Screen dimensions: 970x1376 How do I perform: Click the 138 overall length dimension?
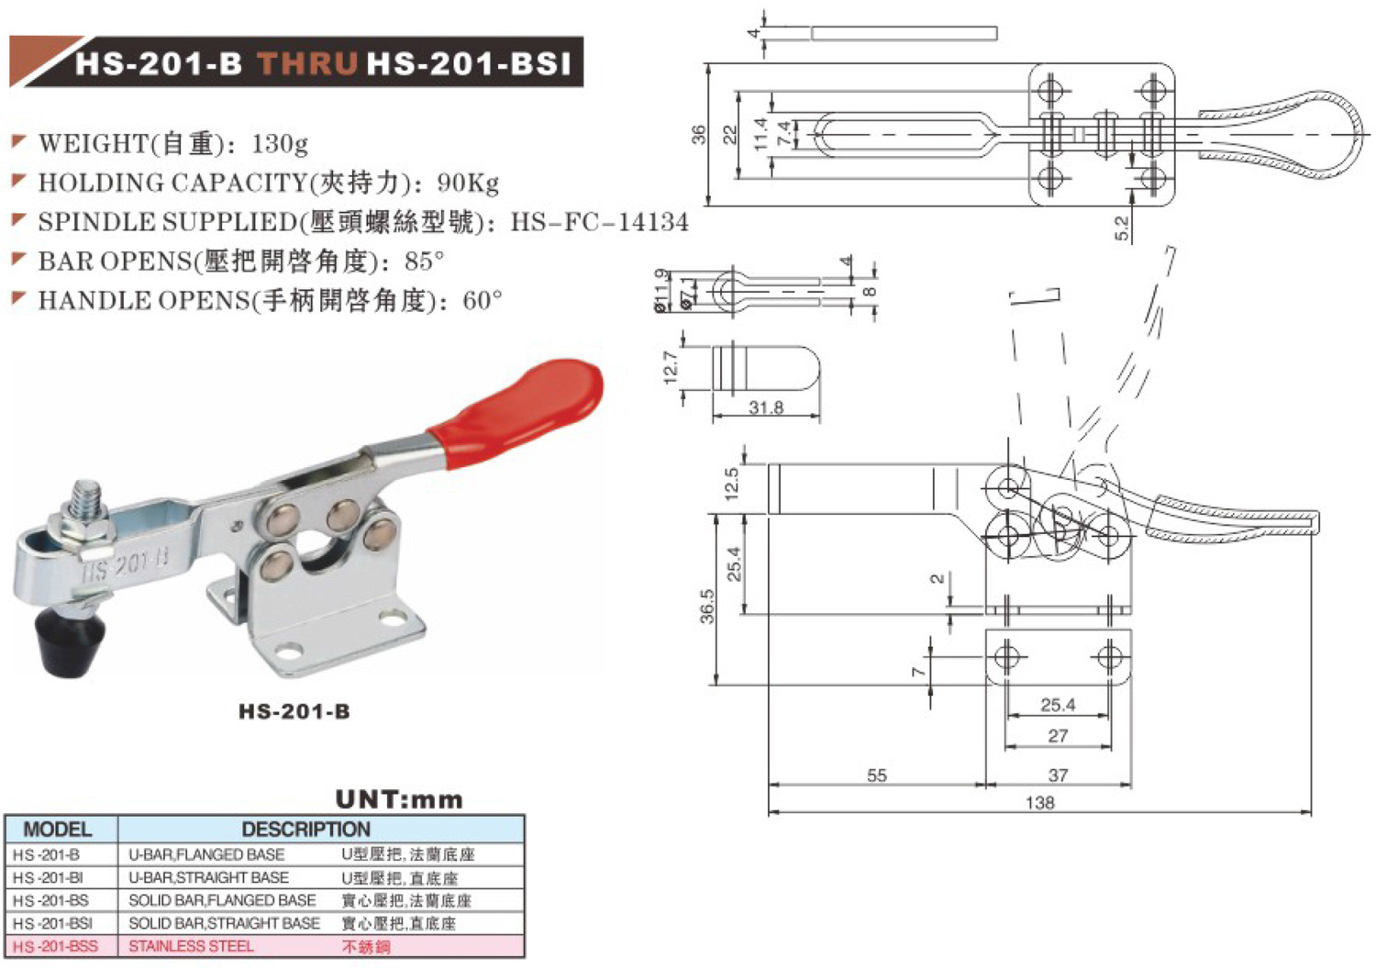[x=1039, y=803]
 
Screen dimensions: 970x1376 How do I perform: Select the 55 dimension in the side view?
[x=876, y=775]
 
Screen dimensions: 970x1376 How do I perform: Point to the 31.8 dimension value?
[x=766, y=407]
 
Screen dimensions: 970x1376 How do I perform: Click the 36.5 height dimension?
[x=707, y=607]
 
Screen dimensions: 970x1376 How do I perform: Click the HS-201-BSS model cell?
[x=55, y=946]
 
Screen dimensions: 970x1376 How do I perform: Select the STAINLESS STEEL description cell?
[x=191, y=946]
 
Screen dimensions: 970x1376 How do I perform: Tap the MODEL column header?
[x=58, y=830]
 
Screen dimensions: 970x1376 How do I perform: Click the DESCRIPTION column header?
[x=305, y=830]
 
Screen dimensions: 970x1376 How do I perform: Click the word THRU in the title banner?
[x=306, y=63]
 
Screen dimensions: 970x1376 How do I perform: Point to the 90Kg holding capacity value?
[x=468, y=183]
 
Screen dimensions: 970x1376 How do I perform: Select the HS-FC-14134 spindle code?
[x=599, y=222]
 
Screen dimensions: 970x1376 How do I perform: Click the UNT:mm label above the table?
[x=399, y=799]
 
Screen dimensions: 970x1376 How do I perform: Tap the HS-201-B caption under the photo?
[x=294, y=711]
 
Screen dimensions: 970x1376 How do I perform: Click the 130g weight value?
[x=279, y=143]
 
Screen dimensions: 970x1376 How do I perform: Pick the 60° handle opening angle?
[x=483, y=300]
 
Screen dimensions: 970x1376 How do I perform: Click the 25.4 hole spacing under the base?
[x=1058, y=705]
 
